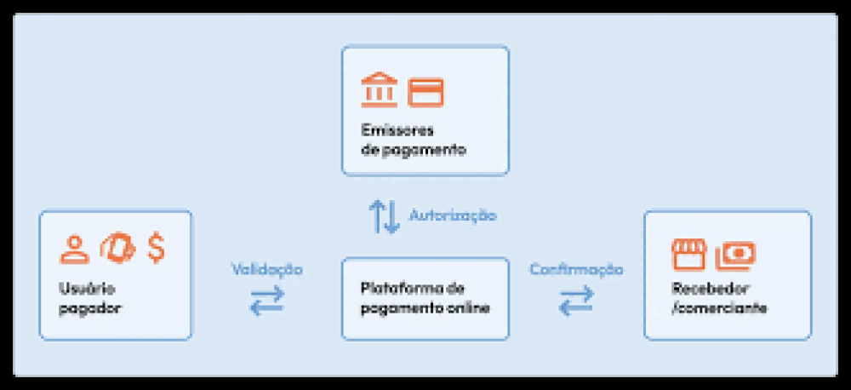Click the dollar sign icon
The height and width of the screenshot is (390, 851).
click(x=157, y=248)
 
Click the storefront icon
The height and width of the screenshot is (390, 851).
click(x=688, y=255)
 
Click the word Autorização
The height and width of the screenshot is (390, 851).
click(x=453, y=215)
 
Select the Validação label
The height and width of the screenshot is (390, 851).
click(x=266, y=270)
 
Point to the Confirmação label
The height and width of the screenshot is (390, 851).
click(x=576, y=270)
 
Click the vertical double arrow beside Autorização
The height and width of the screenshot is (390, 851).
click(x=385, y=217)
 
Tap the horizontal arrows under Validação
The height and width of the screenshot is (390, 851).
click(x=266, y=301)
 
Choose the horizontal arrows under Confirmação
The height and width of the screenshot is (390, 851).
click(x=576, y=301)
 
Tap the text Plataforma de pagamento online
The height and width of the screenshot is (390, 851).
click(x=425, y=298)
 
